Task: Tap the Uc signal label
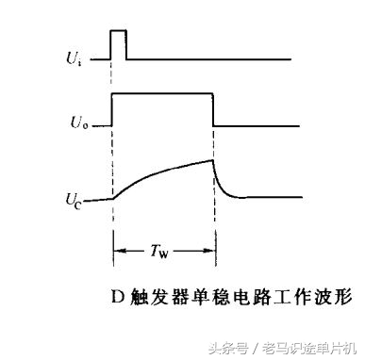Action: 75,198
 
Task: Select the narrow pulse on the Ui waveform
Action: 119,44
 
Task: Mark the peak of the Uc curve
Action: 212,159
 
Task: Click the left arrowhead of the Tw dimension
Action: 117,251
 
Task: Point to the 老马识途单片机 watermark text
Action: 307,345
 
